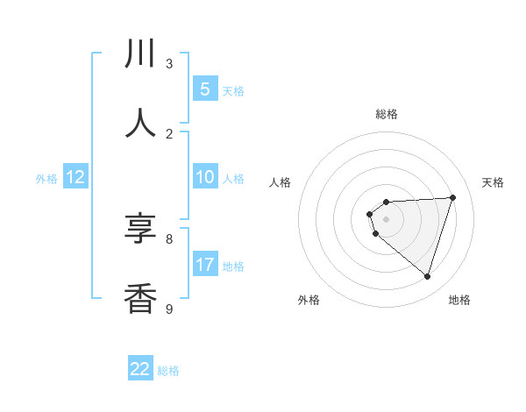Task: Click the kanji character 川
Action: point(140,54)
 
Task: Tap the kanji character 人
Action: point(140,123)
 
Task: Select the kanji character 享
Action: point(140,229)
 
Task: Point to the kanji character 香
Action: point(140,298)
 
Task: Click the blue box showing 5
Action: point(204,89)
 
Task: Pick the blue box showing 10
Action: point(204,177)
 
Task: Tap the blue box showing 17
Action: point(205,265)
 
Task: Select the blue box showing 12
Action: point(75,177)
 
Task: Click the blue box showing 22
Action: point(140,369)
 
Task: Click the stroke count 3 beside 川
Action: point(169,64)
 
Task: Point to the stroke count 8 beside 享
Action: point(169,238)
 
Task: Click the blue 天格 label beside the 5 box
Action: point(233,90)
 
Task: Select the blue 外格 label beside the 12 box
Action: point(46,179)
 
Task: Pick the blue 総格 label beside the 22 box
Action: point(168,371)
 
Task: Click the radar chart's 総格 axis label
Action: point(387,114)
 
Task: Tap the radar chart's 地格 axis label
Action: point(459,300)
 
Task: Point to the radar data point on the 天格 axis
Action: point(453,197)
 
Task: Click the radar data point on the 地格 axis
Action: point(427,276)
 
